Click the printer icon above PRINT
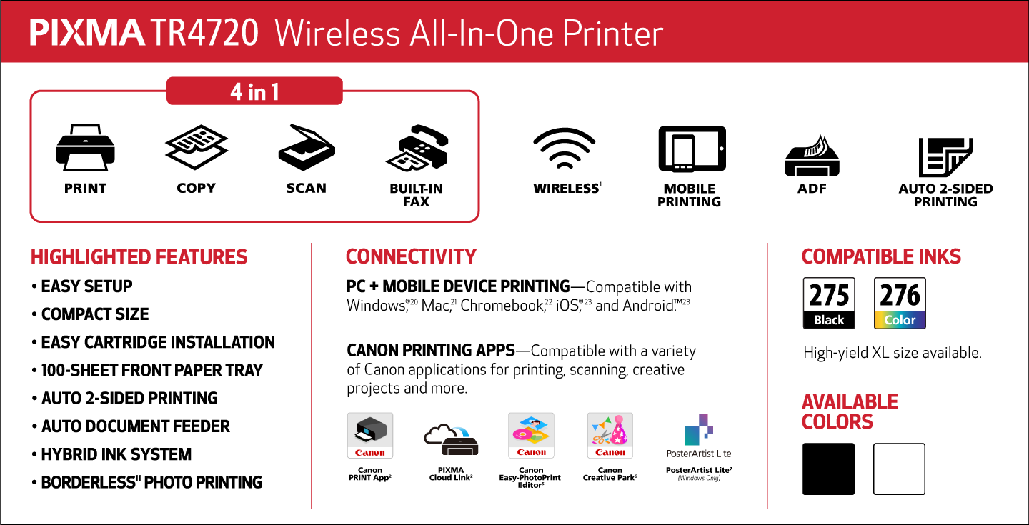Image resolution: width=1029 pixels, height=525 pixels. coord(86,147)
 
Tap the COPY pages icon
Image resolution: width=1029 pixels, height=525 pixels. coord(196,146)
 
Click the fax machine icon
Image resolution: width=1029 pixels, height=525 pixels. coord(417,148)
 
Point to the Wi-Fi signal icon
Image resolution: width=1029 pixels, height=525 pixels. coord(564,148)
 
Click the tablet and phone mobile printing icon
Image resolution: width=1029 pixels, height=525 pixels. coord(692,149)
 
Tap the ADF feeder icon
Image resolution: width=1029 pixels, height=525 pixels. coord(812,156)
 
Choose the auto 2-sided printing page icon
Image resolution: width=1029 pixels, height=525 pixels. coord(945,157)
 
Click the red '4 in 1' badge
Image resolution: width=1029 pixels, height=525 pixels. coord(254,91)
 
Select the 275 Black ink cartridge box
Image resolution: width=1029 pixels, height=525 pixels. coord(829,303)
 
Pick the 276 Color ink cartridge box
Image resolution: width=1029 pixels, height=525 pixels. coord(900,303)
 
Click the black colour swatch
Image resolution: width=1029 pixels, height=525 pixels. coord(828,469)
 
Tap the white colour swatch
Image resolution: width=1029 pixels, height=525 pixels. coord(899,469)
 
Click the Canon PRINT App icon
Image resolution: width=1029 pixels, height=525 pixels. coord(370,436)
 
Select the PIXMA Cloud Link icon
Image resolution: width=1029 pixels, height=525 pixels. coord(451,439)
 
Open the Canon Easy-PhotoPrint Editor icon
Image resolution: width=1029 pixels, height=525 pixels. coord(531,436)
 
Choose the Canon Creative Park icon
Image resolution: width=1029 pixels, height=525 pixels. coord(610,436)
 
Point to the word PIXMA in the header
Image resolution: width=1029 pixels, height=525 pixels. coord(87,33)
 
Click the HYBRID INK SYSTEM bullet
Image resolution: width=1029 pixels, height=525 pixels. coord(111,454)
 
